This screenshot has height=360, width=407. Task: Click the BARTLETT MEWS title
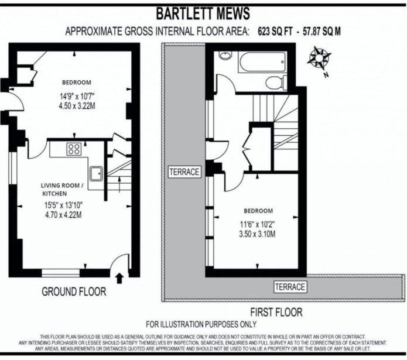click(x=203, y=13)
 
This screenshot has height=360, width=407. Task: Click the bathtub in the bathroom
click(x=262, y=62)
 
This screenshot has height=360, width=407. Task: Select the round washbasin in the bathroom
click(x=225, y=56)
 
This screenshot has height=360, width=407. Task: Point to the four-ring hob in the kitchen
click(x=74, y=149)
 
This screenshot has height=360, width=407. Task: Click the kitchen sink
click(x=96, y=173)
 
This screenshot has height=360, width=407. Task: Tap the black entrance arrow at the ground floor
click(x=120, y=278)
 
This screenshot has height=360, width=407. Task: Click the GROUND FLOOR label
click(x=74, y=291)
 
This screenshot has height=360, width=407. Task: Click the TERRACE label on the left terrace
click(x=184, y=172)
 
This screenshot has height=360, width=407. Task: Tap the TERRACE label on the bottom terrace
click(x=290, y=287)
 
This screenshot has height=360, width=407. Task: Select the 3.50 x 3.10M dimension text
click(x=258, y=234)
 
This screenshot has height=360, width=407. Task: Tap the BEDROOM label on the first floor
click(x=258, y=210)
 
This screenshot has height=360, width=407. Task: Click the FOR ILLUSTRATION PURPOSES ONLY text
click(x=201, y=324)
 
